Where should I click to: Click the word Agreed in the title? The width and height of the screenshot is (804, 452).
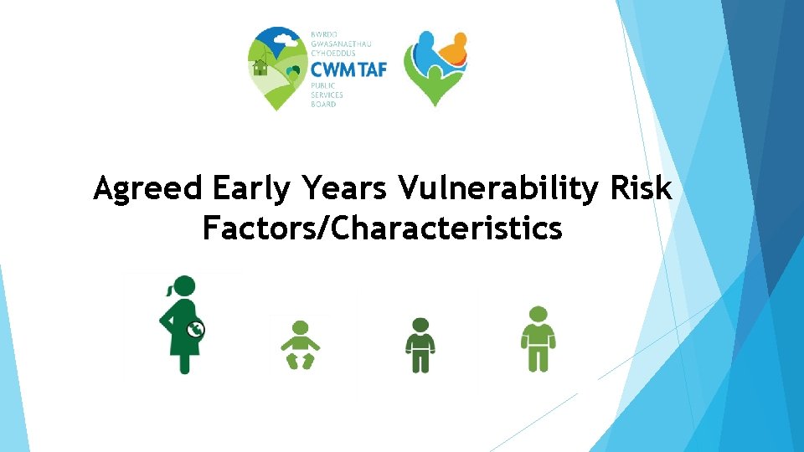148,190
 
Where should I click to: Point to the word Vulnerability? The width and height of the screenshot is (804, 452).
498,189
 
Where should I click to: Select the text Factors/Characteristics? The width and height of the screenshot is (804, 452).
382,227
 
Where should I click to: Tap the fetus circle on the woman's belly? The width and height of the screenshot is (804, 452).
195,330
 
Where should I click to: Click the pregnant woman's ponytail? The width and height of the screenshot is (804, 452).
169,290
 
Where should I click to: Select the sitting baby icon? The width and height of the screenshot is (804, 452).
300,344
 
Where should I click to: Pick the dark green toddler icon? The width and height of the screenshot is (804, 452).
420,345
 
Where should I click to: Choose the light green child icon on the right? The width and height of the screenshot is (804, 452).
538,339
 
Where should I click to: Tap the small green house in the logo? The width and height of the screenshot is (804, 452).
260,67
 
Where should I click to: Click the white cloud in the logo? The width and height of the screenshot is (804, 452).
286,39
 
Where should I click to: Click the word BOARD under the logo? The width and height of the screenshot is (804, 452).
323,104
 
